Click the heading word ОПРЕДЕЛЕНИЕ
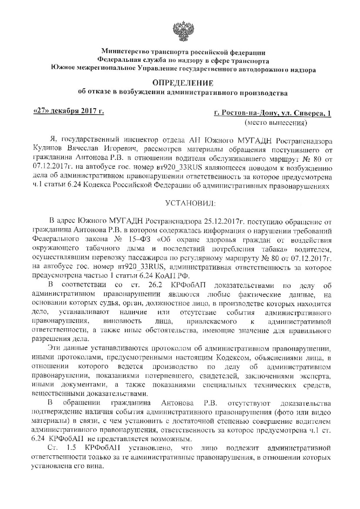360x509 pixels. pos(183,84)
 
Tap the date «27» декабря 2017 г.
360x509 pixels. pos(69,111)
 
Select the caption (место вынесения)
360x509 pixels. pos(276,123)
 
